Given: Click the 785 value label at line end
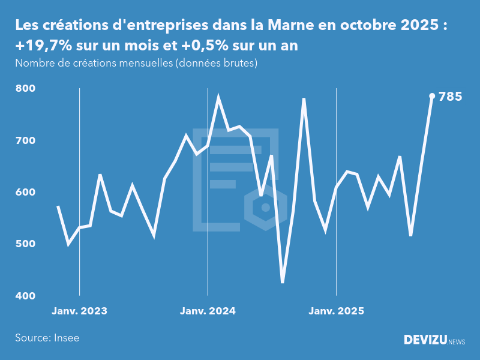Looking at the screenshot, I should pos(450,96).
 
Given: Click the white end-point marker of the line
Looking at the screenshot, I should pos(432,96).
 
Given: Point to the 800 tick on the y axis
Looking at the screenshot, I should pos(26,89).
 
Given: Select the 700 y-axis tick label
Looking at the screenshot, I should pos(26,140).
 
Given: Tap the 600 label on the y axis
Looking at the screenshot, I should pos(26,193).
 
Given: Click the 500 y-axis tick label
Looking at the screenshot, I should pos(26,244).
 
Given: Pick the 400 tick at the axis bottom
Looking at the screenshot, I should pos(26,296).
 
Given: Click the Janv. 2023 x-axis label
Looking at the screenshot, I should pos(79,311).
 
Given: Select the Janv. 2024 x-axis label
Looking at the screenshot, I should pos(208,311).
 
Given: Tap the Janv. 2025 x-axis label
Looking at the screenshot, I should pos(336,311).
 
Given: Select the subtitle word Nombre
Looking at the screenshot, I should pos(32,63).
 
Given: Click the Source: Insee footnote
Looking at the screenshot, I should pos(47,338).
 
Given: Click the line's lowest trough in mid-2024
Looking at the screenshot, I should pos(283,282).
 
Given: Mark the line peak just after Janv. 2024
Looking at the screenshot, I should pos(218,97).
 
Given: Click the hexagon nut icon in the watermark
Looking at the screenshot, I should pos(265,208).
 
